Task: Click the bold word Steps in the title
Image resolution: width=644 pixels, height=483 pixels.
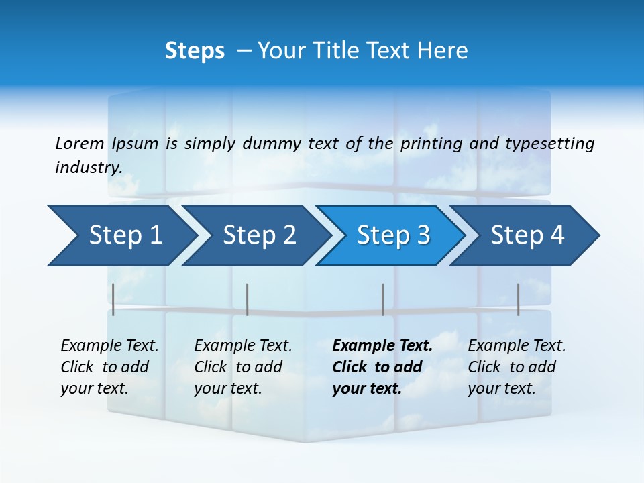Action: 195,51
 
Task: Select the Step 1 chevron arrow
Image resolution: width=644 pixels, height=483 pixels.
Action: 121,235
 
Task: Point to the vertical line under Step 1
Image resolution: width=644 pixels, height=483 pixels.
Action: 113,299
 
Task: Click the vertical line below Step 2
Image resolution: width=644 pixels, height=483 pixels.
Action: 248,299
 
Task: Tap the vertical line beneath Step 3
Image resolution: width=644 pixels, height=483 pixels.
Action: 382,299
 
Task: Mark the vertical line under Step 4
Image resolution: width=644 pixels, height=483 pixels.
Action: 518,299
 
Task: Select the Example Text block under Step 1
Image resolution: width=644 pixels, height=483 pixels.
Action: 109,367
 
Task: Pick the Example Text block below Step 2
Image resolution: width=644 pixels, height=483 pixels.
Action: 243,367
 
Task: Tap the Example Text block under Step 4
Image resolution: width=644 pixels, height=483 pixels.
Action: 517,367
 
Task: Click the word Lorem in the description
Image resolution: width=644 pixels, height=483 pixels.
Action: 79,144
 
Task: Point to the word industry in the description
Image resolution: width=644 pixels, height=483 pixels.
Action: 89,168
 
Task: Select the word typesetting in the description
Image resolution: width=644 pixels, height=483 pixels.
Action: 549,144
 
